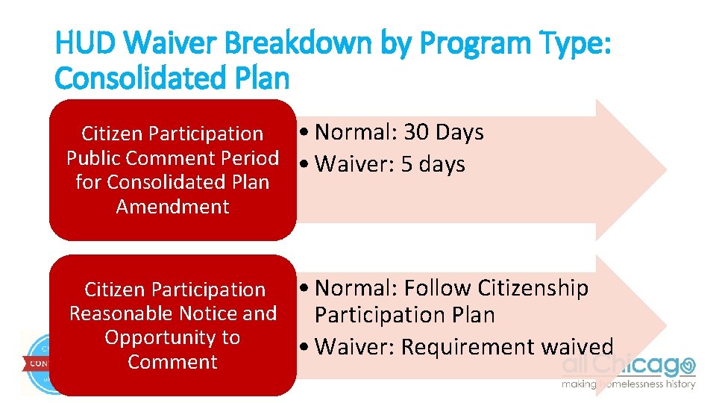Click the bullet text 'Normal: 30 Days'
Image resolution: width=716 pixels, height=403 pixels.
[x=399, y=133]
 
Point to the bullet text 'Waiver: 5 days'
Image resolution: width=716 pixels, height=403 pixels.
[x=390, y=164]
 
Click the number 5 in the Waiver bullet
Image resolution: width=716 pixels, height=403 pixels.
[x=406, y=164]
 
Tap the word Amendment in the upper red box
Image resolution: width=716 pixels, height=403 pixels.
[x=172, y=207]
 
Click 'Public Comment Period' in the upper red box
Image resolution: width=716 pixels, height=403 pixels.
[x=172, y=158]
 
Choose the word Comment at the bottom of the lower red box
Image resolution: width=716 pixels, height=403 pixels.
[x=172, y=363]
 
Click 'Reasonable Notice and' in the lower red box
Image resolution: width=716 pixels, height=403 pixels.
[x=172, y=313]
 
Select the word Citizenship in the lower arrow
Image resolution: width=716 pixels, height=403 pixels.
[x=533, y=288]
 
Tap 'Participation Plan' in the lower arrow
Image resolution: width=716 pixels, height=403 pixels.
[x=404, y=315]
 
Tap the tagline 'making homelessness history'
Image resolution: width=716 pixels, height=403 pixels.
[x=628, y=384]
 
